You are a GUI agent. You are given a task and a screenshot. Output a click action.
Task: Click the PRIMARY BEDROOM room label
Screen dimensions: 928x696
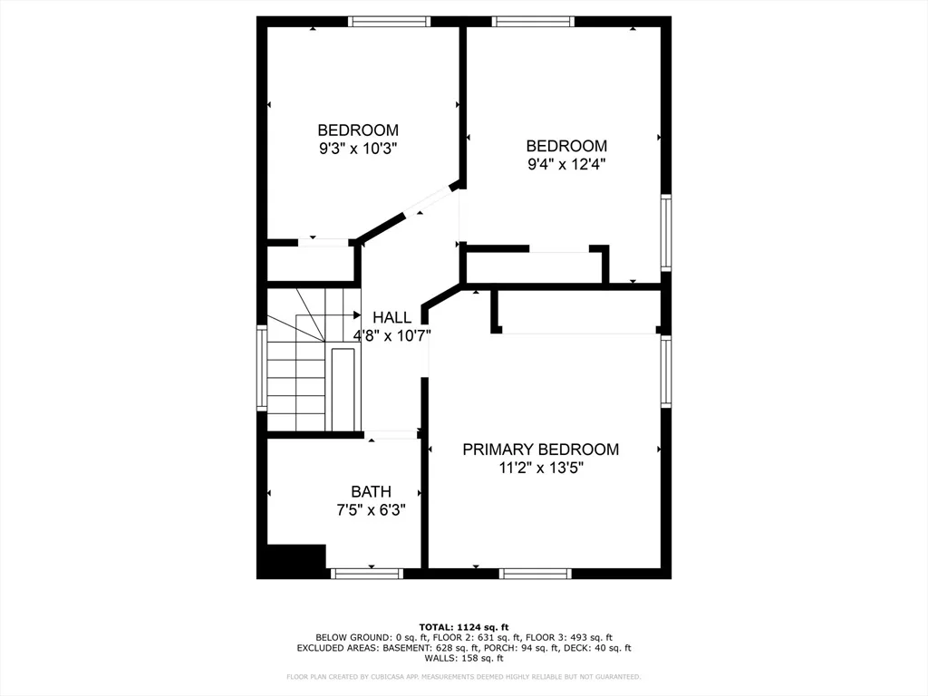(x=540, y=449)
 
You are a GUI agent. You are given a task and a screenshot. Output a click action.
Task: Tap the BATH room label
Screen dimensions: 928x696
(x=371, y=492)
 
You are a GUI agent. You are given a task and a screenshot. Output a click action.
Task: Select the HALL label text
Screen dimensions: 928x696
(x=391, y=317)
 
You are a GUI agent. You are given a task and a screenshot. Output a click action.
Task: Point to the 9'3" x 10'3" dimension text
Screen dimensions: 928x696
(x=358, y=148)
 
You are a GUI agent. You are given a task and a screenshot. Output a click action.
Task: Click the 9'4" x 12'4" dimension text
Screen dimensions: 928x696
(x=566, y=164)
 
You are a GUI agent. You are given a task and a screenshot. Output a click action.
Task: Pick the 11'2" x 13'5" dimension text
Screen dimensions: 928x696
(x=541, y=468)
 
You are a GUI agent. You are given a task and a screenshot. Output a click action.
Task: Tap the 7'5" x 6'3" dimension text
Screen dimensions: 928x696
(x=371, y=509)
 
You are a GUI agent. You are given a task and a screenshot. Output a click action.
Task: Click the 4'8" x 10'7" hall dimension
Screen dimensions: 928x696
(x=391, y=335)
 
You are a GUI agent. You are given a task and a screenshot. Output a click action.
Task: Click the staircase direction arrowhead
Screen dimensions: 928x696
(x=357, y=314)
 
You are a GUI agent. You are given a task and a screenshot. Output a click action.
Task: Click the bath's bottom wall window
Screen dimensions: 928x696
(x=367, y=574)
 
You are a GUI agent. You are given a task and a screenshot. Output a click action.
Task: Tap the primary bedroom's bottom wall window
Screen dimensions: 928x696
(x=536, y=574)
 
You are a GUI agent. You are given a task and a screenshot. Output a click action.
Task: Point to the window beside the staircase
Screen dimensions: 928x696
(x=262, y=367)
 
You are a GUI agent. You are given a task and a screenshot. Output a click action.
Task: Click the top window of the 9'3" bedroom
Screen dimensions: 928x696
(x=389, y=22)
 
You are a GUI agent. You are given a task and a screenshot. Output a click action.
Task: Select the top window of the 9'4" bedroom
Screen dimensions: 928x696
(x=533, y=22)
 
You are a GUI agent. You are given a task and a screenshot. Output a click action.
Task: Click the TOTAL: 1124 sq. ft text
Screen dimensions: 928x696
(x=464, y=627)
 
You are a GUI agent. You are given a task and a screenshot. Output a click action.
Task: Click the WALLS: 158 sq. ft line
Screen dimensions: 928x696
(x=464, y=658)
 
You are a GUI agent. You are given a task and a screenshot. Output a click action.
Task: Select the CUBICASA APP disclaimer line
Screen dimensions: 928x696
(x=464, y=676)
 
